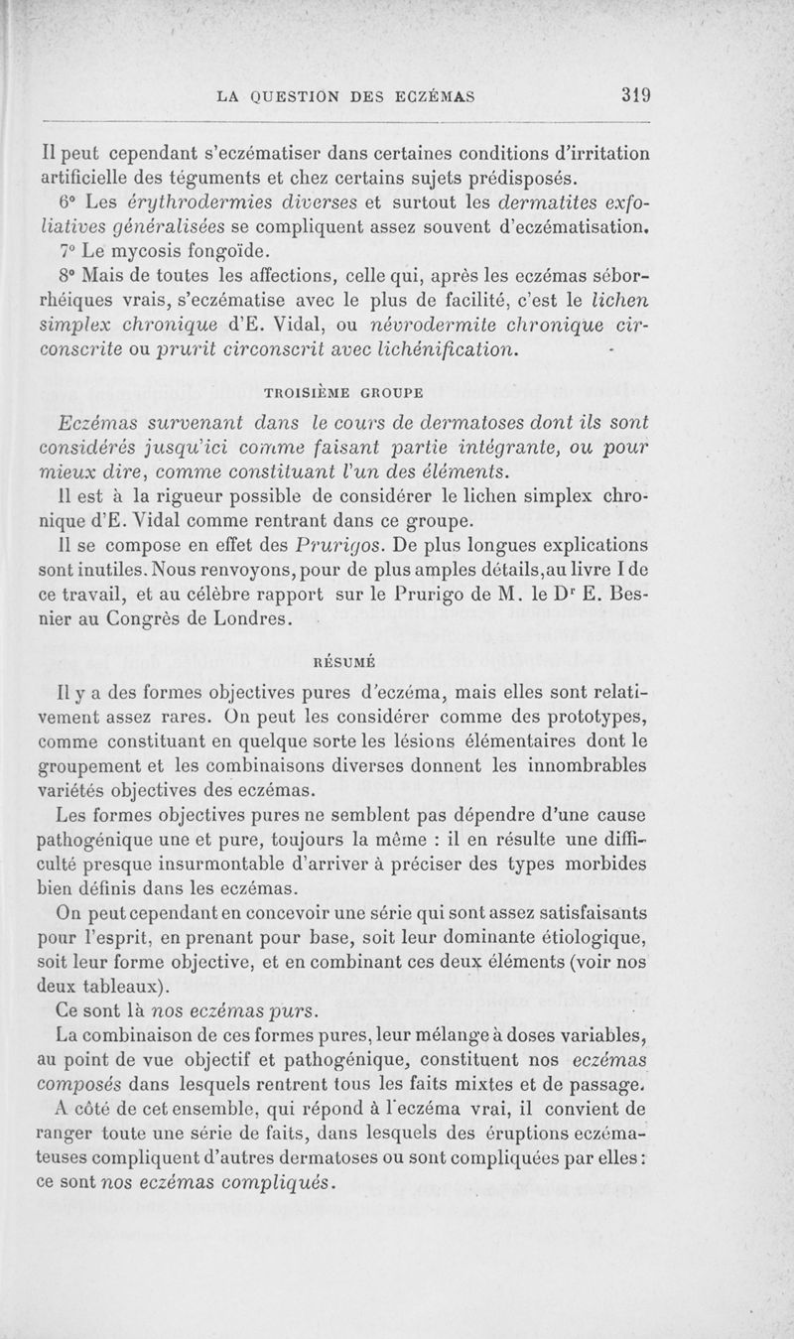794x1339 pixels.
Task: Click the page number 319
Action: pos(633,96)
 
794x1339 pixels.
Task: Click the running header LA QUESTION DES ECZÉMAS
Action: pos(343,96)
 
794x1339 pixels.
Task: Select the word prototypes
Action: pos(598,717)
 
